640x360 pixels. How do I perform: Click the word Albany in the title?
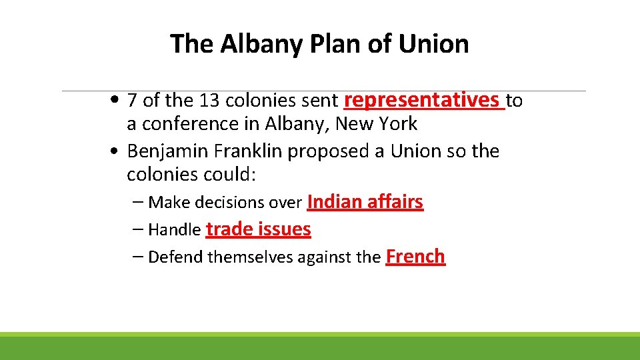point(260,44)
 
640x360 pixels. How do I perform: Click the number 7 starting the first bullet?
point(133,101)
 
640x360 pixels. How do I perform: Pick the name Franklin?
point(248,151)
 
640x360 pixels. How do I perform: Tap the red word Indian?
point(335,201)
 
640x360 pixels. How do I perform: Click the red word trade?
point(229,229)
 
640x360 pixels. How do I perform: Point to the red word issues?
point(285,229)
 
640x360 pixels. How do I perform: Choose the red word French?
point(415,256)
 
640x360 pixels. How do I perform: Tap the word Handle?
point(174,230)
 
